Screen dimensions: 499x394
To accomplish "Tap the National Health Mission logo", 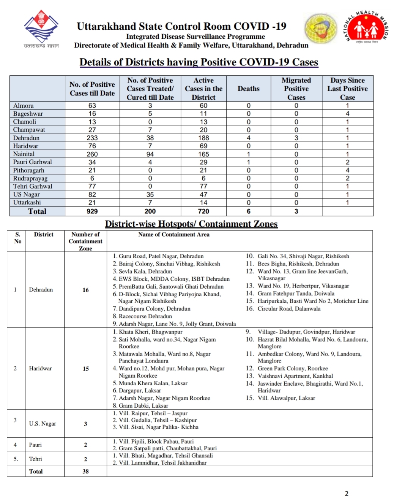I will coord(367,29).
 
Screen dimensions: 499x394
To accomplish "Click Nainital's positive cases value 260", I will coord(92,154).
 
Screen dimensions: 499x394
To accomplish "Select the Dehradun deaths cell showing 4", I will coord(249,138).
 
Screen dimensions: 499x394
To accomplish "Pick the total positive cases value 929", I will coord(92,211).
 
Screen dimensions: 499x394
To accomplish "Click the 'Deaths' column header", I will coord(249,89).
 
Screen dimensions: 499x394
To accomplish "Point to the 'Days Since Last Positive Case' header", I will coord(347,89).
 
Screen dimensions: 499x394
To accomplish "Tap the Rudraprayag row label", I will coord(30,178).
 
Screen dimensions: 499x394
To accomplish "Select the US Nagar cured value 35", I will coord(150,194).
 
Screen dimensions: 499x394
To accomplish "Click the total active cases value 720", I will coord(203,211).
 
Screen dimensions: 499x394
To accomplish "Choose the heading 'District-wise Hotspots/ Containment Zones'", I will coord(191,224).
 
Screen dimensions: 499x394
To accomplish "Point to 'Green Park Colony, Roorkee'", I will coord(292,369).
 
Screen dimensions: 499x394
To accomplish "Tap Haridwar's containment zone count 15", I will coord(86,369).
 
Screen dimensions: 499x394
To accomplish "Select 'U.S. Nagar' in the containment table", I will coord(43,424).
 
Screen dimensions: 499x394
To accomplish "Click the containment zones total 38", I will coord(86,471).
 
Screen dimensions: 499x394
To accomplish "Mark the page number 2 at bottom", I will coord(347,493).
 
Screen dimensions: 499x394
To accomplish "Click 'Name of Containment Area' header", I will coord(174,235).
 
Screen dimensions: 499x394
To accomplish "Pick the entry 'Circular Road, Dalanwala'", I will coord(289,309).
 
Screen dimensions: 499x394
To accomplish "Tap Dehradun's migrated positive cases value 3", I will coord(296,138).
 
